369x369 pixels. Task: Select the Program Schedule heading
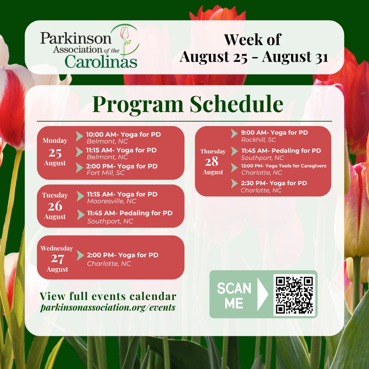[x=188, y=104]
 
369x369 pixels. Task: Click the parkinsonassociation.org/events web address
[x=108, y=307]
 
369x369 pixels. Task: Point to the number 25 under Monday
[x=55, y=152]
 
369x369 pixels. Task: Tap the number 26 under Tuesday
[x=55, y=206]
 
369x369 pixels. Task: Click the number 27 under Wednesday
[x=57, y=259]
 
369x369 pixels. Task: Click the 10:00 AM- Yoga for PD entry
[x=123, y=134]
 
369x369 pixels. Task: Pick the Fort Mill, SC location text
[x=106, y=173]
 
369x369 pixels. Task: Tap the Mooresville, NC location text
[x=112, y=201]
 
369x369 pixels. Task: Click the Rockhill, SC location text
[x=258, y=140]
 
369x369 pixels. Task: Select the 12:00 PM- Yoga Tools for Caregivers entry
[x=284, y=166]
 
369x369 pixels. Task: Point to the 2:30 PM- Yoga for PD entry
[x=274, y=183]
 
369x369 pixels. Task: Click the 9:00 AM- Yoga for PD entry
[x=274, y=133]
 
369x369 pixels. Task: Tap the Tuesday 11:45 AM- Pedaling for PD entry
[x=129, y=213]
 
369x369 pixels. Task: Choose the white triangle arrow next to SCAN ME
[x=262, y=294]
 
